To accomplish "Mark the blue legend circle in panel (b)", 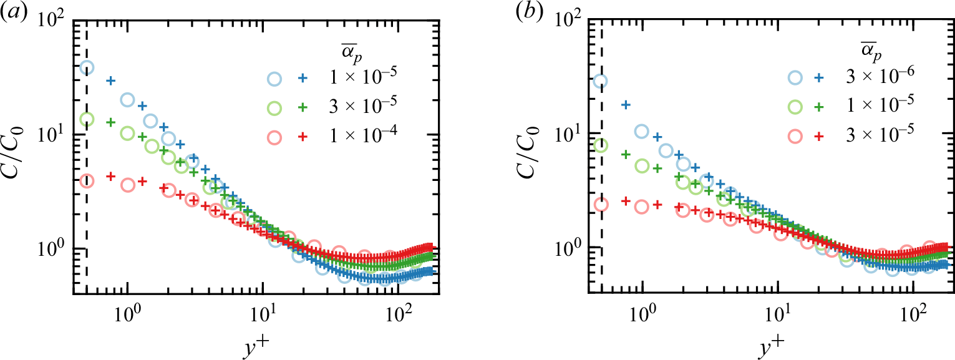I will pyautogui.click(x=794, y=78).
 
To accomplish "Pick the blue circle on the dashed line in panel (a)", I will pyautogui.click(x=87, y=67).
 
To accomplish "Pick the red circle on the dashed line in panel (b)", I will pyautogui.click(x=601, y=205).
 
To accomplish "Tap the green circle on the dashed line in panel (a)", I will pyautogui.click(x=87, y=119).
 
